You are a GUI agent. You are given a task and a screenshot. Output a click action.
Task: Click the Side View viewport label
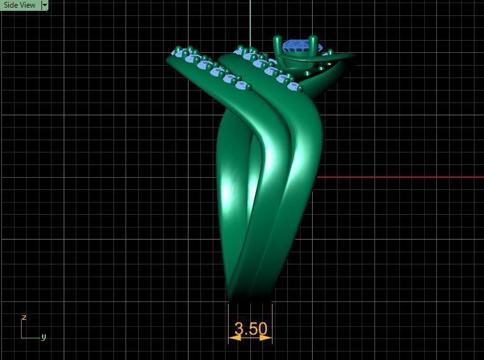20,5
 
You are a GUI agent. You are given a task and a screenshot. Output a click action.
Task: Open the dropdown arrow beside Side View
45,5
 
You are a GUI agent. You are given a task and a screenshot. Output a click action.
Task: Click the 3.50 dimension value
250,329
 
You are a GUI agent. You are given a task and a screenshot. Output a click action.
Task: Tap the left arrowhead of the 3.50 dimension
233,338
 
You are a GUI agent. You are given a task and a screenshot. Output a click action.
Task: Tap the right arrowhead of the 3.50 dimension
267,338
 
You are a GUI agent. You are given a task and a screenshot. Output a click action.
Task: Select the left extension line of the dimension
229,322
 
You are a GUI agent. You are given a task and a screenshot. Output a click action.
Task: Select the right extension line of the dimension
272,322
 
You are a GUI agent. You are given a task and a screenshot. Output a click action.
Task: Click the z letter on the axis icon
24,317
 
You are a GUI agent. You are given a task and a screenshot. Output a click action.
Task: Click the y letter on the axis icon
43,337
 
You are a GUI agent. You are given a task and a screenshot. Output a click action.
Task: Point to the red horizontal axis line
401,177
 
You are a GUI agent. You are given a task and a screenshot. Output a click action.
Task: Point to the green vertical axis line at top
250,19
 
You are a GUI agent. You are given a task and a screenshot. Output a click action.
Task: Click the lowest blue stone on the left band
241,85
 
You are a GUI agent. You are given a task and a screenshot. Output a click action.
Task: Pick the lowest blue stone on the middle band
294,87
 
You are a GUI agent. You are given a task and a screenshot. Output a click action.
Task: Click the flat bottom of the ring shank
250,299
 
